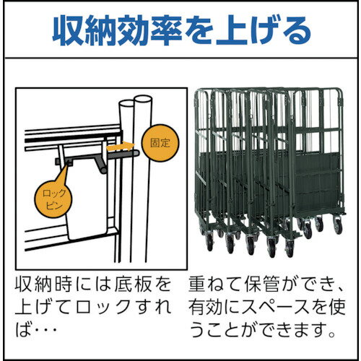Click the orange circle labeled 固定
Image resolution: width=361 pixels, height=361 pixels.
click(x=160, y=143)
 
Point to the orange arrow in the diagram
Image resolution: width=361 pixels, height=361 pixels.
click(x=121, y=146)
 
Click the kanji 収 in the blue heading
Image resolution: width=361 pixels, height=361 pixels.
click(x=68, y=30)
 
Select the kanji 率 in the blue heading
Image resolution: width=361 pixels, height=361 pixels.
click(x=166, y=30)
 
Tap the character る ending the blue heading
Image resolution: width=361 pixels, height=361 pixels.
click(x=296, y=31)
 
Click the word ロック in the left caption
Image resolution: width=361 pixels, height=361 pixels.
click(x=98, y=307)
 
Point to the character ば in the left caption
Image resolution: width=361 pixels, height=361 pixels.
click(x=23, y=329)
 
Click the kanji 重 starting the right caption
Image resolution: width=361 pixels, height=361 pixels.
click(x=196, y=284)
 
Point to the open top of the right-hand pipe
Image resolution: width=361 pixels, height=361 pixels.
click(x=143, y=99)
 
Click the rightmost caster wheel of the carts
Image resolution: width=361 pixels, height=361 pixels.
click(x=337, y=225)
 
